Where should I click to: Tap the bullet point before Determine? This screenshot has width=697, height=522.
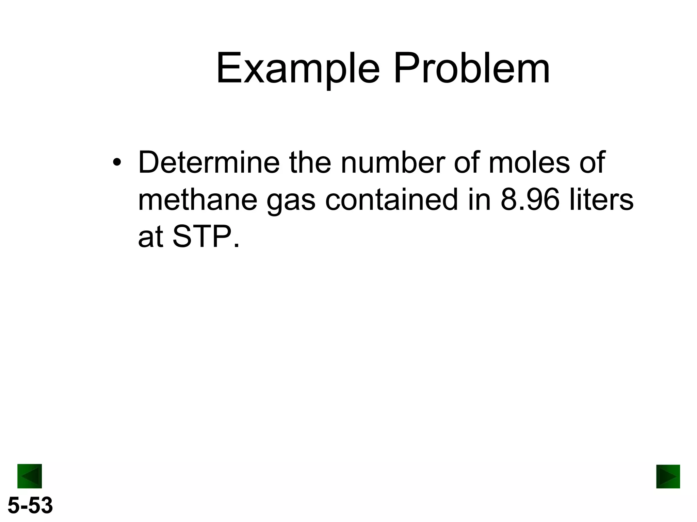click(117, 162)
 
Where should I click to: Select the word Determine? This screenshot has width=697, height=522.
click(209, 162)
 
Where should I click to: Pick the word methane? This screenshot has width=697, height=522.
click(197, 200)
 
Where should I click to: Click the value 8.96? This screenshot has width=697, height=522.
click(530, 200)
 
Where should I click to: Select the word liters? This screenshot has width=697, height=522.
click(602, 200)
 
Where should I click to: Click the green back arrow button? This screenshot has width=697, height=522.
click(30, 476)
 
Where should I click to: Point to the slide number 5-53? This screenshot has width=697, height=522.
click(30, 505)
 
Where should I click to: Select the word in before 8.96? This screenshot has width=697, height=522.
click(479, 200)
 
